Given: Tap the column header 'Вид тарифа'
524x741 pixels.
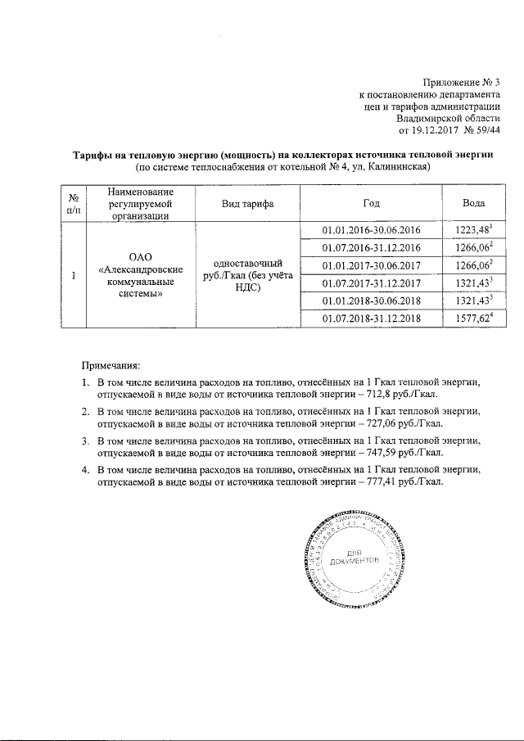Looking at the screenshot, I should pos(247,203).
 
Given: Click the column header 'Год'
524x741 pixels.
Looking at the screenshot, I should pos(371,203).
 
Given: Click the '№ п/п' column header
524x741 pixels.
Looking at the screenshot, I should pos(73,203).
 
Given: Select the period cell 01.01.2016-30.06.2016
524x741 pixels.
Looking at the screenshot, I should pos(371,230).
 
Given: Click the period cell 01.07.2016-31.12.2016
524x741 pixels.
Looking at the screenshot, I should pos(371,248).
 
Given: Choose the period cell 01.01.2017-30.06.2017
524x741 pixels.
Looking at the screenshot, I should pos(371,265).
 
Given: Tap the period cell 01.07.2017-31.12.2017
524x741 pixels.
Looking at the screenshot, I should pos(371,283).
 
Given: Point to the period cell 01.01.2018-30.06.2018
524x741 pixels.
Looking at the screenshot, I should pos(371,300).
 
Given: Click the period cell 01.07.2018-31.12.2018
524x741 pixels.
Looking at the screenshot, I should pos(371,319).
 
